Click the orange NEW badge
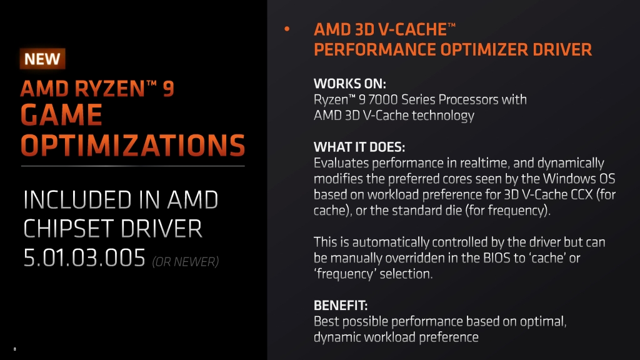[x=42, y=59]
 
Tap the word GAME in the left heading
[x=61, y=114]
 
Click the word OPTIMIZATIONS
[x=132, y=145]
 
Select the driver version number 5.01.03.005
[x=84, y=257]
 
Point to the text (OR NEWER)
[x=185, y=262]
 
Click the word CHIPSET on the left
[x=69, y=229]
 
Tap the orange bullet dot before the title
[x=287, y=29]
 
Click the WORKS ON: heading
[x=350, y=84]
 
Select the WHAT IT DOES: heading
[x=359, y=147]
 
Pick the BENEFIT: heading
[x=341, y=305]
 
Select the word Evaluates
[x=341, y=163]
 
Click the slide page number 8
[x=15, y=349]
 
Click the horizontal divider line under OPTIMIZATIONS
[x=132, y=166]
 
